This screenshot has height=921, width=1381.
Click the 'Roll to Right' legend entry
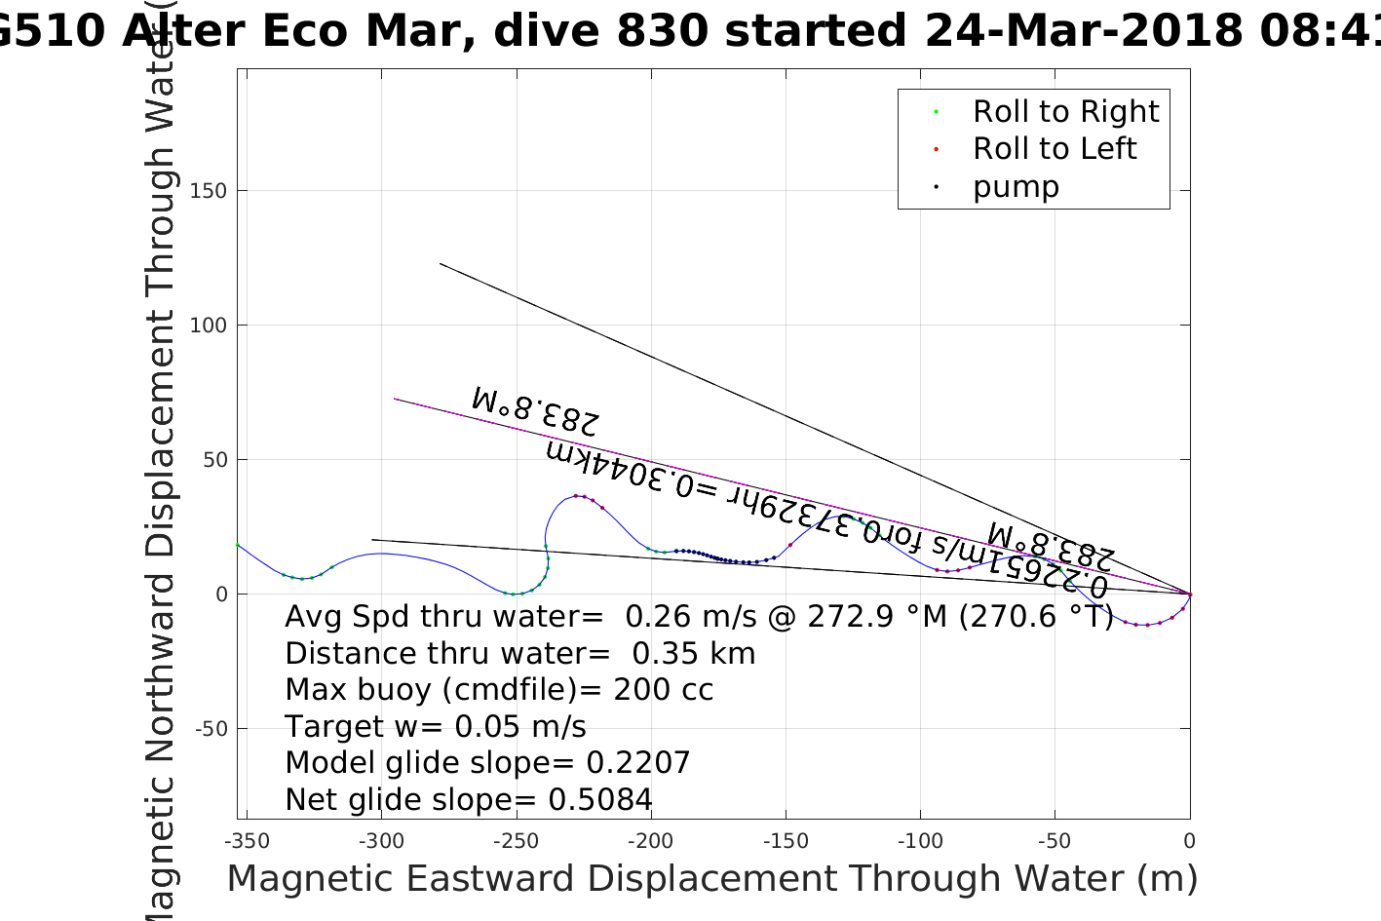(1065, 112)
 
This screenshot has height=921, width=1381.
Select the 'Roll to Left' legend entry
(1054, 149)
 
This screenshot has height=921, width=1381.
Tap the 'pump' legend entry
(1016, 187)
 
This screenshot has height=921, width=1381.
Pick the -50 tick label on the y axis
(210, 729)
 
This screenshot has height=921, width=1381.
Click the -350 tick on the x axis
(247, 841)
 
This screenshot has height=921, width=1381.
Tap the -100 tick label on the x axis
(920, 841)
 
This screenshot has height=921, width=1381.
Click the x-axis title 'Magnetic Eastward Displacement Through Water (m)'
(711, 879)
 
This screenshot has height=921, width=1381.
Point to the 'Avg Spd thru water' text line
(698, 617)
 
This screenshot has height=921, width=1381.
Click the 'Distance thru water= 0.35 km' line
(519, 654)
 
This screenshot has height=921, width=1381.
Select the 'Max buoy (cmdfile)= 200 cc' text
(499, 690)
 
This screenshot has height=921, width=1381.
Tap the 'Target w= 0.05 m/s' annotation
(436, 727)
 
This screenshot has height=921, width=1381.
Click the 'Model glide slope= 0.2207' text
(487, 763)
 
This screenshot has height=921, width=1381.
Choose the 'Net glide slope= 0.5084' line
(469, 800)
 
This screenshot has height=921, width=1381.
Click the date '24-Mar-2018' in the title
(1083, 31)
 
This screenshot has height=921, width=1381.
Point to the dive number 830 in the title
(662, 31)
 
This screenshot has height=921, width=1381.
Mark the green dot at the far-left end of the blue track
(238, 545)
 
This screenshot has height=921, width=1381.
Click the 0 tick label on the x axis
(1189, 841)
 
